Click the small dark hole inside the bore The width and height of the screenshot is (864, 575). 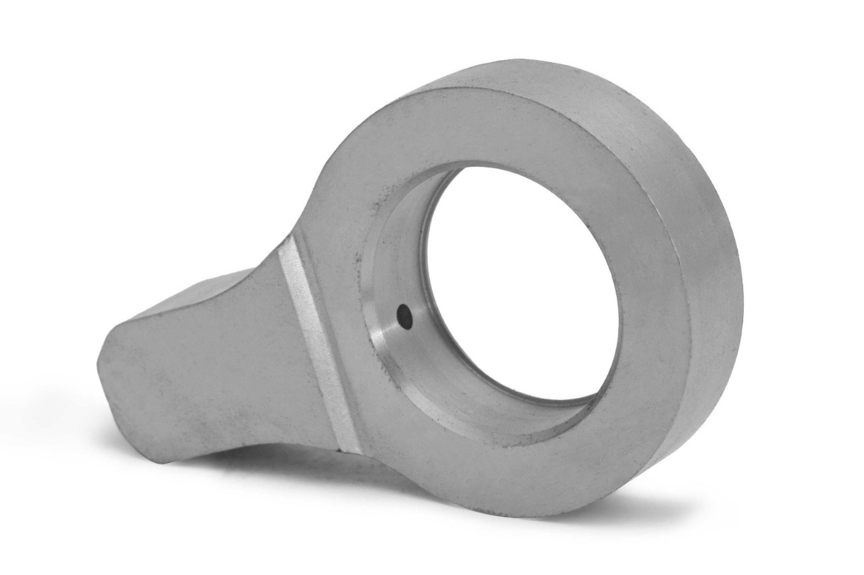point(404,314)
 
